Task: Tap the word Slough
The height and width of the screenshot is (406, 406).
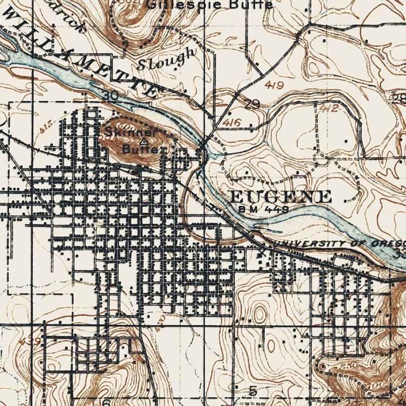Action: (167, 59)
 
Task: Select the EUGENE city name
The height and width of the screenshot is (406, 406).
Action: (281, 197)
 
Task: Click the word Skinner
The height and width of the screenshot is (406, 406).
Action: (131, 132)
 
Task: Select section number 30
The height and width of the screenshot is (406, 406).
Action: (112, 96)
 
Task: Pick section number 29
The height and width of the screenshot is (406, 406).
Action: (252, 104)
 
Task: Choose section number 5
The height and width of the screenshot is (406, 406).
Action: (252, 391)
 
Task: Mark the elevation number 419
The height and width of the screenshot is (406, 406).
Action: (275, 85)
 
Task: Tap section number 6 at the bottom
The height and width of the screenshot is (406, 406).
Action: (106, 402)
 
